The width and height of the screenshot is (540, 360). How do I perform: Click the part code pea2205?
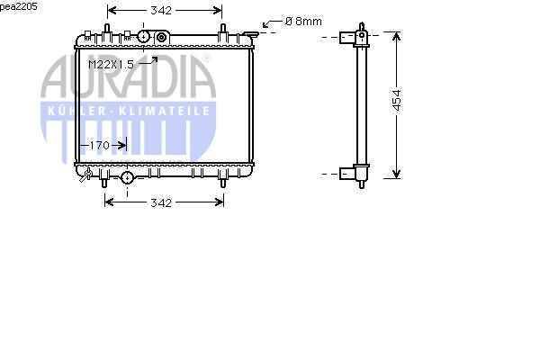tap(19, 6)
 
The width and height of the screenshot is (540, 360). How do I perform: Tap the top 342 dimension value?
tap(161, 11)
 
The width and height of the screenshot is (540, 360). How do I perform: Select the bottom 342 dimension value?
tap(161, 202)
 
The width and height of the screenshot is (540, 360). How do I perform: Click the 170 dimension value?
tap(100, 146)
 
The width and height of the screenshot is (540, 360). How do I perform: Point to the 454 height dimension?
tap(397, 101)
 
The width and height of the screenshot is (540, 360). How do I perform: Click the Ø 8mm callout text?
tap(303, 22)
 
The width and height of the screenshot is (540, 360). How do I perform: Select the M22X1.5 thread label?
tap(111, 65)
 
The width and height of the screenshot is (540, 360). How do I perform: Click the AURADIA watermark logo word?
tap(128, 76)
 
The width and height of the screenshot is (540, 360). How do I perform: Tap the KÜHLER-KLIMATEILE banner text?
tap(129, 111)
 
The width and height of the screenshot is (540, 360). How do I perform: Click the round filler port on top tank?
tap(144, 37)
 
